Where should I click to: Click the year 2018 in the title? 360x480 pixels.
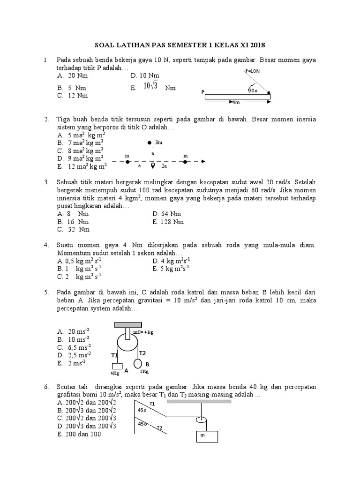pos(256,45)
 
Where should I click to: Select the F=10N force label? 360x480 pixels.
pos(252,71)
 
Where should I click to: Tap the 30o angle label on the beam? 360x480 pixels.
pos(253,90)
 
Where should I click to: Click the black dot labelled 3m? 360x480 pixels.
pos(150,142)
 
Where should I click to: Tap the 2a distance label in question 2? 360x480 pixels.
pos(164,166)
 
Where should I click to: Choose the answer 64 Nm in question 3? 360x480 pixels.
pos(167,213)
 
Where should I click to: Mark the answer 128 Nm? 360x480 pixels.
pos(168,222)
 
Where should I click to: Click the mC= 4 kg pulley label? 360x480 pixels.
pos(143,332)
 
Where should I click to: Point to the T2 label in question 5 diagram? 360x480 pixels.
pos(143,353)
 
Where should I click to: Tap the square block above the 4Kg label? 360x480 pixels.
pos(117,366)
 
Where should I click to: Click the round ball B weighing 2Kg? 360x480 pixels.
pos(139,364)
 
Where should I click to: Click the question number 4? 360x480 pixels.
pos(46,245)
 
